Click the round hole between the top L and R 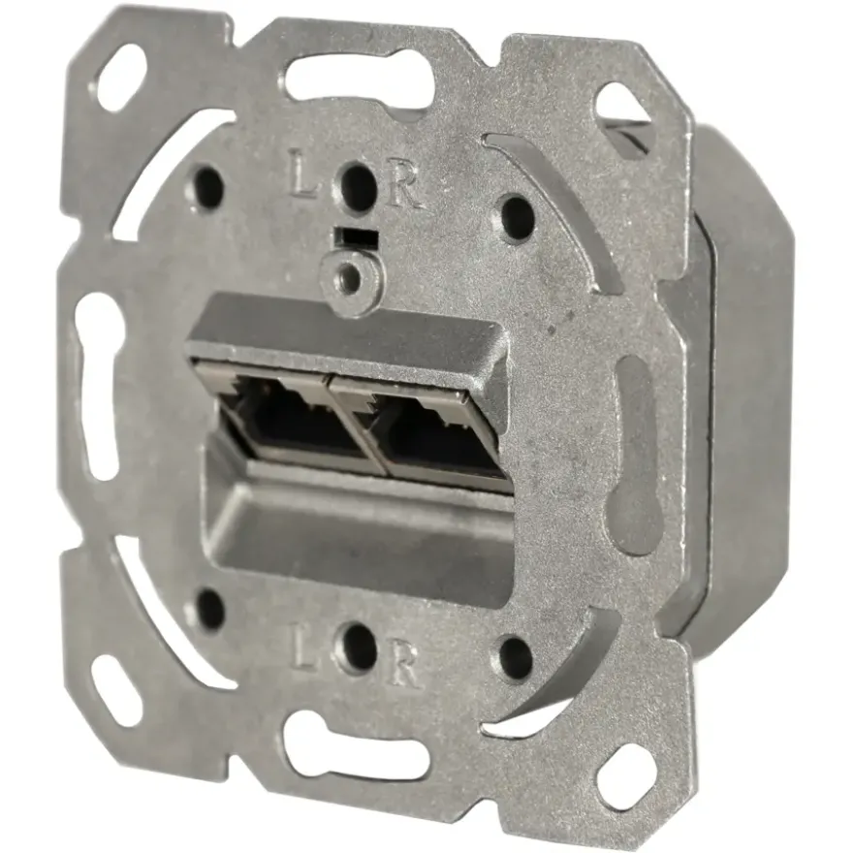[359, 182]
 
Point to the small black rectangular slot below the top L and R [357, 237]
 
